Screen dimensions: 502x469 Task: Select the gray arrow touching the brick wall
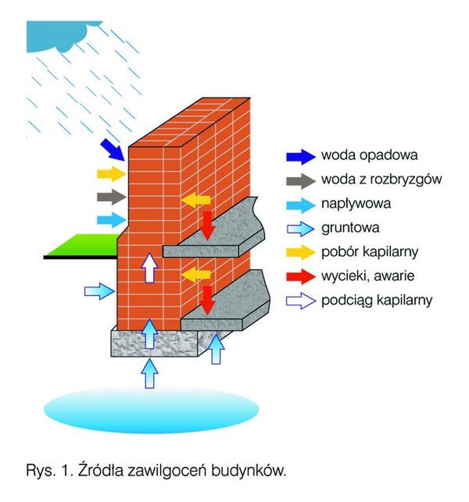click(110, 197)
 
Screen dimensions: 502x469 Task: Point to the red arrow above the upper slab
click(207, 223)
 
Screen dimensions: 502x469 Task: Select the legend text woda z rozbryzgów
click(382, 180)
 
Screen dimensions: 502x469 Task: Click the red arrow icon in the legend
click(300, 276)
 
